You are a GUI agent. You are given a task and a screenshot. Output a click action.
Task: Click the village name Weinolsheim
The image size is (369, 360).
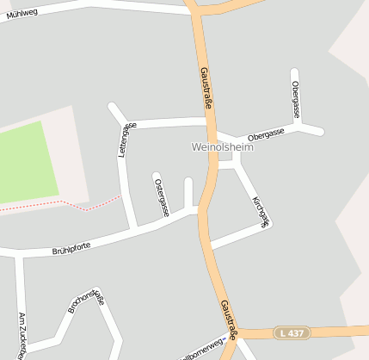(x=224, y=148)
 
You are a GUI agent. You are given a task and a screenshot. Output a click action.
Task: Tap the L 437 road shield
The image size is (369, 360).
(x=292, y=332)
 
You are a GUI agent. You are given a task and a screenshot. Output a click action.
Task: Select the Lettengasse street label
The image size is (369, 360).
(x=126, y=140)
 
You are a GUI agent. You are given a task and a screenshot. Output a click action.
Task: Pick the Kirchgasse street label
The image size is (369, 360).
(x=260, y=210)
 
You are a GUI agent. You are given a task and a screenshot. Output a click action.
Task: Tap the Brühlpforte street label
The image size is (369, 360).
(x=71, y=249)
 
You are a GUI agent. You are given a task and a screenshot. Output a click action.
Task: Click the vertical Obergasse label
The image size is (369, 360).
(x=295, y=99)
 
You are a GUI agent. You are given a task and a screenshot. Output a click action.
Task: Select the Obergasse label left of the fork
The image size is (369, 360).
(x=265, y=134)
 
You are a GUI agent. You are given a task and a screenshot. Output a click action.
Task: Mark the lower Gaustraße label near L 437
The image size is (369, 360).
(x=227, y=317)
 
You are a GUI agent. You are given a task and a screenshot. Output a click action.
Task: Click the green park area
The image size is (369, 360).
(x=26, y=164)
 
